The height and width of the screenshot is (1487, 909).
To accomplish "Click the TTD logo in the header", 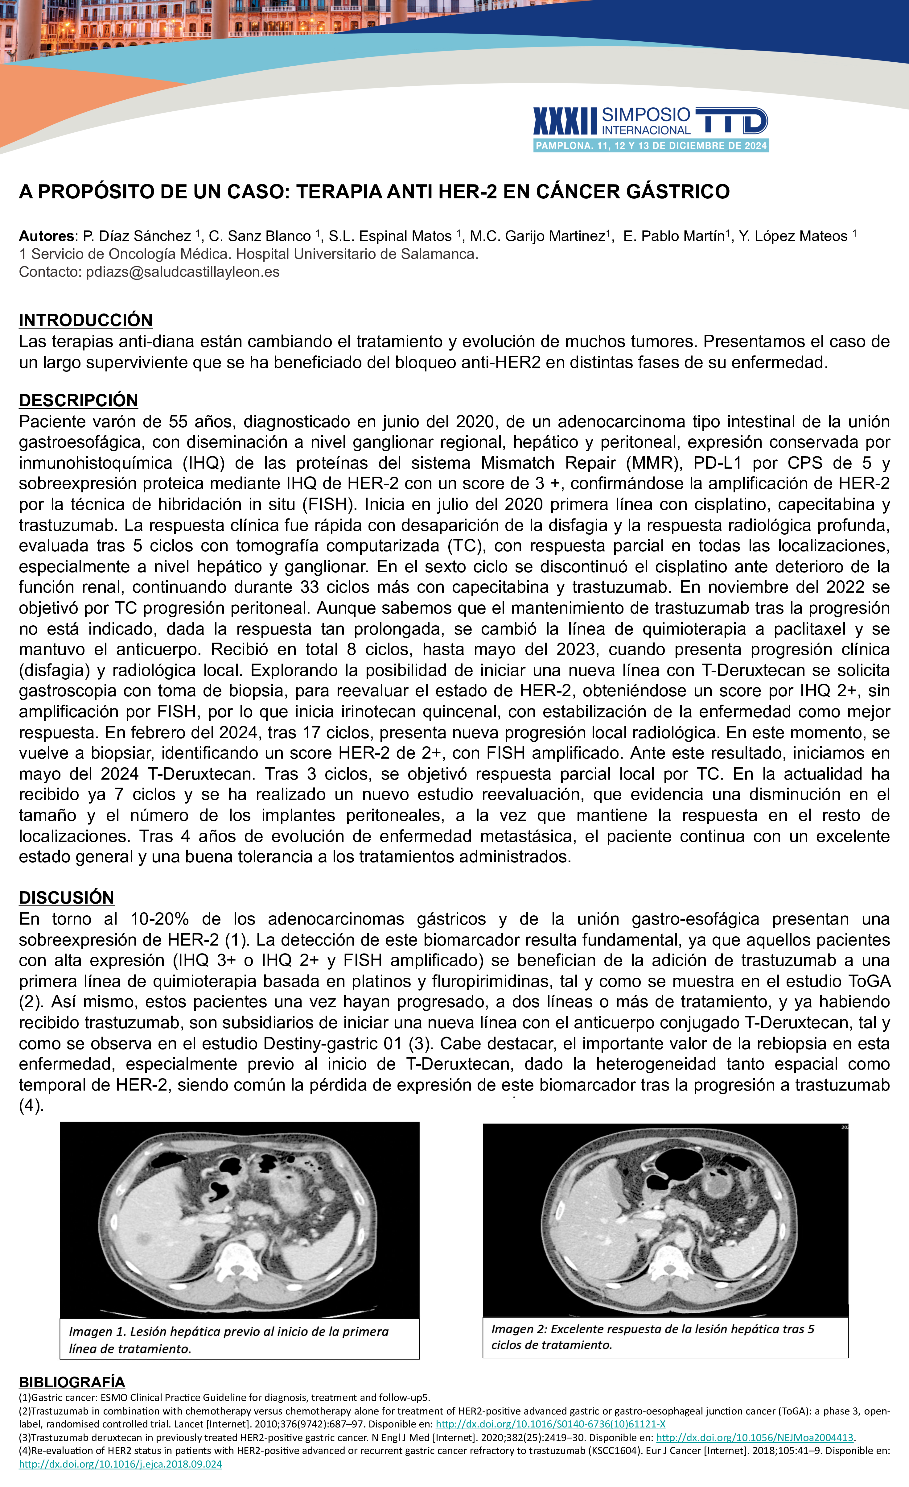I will (732, 121).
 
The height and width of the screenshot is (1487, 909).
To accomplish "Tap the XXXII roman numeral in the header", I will (565, 121).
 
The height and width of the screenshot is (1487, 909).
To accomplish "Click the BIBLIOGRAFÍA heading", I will (72, 1382).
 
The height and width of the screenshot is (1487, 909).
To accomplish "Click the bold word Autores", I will (47, 236).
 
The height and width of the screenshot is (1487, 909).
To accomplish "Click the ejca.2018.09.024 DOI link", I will (121, 1464).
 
